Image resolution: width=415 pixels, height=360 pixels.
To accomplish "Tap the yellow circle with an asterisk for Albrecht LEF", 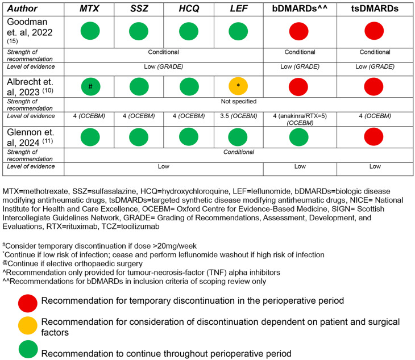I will point(239,86).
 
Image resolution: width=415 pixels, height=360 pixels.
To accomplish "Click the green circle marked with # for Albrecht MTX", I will point(90,86).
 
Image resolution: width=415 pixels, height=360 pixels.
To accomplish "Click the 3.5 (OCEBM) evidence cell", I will point(238,116).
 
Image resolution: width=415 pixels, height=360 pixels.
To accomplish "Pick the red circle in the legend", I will point(28,303).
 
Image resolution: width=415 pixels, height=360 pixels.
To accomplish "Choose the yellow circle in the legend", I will point(28,325).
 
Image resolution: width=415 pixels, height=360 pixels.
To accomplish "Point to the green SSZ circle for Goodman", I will point(139,31).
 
